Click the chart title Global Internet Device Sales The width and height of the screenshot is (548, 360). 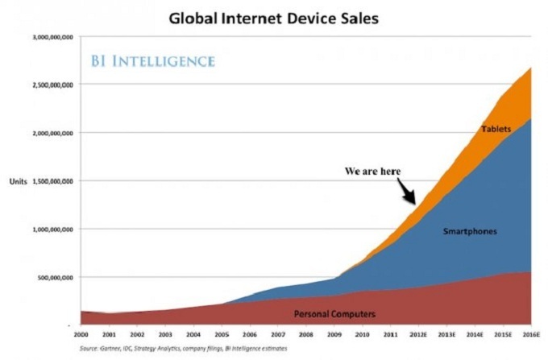click(x=274, y=16)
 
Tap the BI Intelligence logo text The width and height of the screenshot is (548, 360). click(x=152, y=60)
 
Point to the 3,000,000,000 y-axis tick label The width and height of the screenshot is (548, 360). click(x=52, y=37)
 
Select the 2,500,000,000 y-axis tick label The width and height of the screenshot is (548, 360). click(x=52, y=85)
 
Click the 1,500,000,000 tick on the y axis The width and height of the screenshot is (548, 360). click(x=52, y=181)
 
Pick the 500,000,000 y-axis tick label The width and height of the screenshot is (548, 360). click(x=55, y=277)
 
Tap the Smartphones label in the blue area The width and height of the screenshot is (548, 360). click(x=469, y=231)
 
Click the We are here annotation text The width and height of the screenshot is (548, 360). click(x=372, y=171)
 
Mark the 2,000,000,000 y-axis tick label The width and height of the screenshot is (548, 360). click(x=52, y=133)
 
